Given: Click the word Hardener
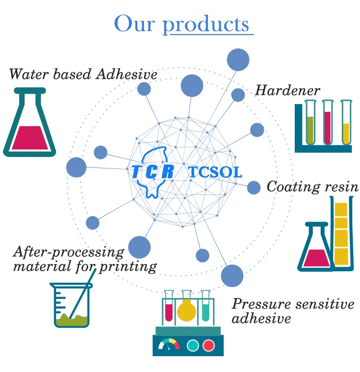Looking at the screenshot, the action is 287,90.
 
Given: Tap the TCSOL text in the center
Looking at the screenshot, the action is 216,172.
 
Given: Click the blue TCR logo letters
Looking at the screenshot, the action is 153,171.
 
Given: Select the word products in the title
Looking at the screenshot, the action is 206,24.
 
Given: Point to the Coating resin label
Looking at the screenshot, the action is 313,187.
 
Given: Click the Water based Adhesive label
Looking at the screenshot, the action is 83,74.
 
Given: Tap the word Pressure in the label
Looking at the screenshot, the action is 261,304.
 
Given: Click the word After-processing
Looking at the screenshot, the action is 69,252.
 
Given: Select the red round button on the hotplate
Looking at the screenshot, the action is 209,345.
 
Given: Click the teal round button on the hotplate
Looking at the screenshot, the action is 192,345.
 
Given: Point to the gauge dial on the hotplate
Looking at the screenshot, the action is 169,344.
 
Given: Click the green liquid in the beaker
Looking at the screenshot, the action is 72,320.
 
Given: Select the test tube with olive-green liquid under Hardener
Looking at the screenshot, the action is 310,122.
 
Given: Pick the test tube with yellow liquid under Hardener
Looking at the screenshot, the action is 346,122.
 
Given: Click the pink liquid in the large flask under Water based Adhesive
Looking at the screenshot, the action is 30,138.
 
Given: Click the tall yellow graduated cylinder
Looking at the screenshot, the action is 341,233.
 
